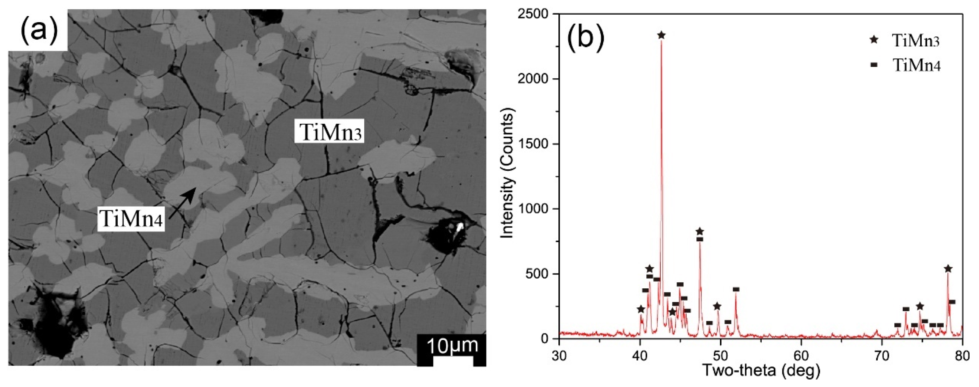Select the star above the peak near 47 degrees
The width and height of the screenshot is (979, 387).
[x=700, y=231]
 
